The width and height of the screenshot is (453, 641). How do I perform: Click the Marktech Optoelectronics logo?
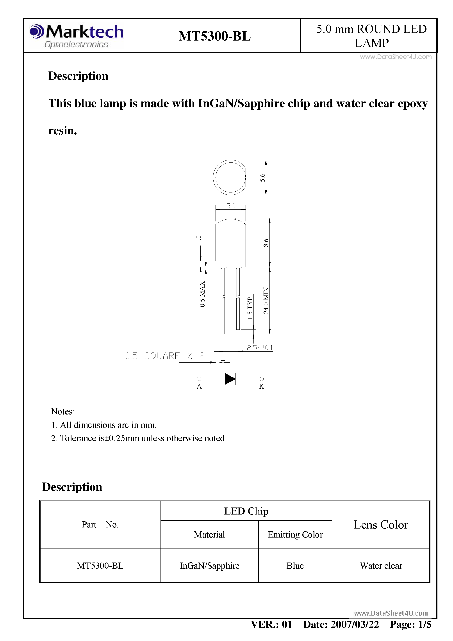(76, 36)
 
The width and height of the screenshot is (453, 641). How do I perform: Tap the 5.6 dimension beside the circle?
(262, 178)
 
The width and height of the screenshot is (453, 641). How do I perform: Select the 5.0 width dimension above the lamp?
(231, 206)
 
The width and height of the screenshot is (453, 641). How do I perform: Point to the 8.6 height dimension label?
(266, 243)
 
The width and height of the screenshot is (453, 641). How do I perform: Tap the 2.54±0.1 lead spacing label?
(259, 348)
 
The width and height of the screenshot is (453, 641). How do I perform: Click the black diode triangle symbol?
(230, 379)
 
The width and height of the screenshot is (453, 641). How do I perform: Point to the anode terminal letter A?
(199, 386)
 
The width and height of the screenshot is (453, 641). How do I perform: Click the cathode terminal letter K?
(261, 386)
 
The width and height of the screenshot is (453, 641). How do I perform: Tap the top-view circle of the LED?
(230, 177)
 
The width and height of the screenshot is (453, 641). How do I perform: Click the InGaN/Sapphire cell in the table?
(209, 566)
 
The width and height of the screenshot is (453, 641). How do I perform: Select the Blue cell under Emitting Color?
(295, 566)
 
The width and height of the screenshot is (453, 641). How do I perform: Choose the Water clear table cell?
(381, 566)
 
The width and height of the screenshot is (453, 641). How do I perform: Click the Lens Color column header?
(381, 525)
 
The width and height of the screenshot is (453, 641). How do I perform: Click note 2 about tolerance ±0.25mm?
(139, 438)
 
